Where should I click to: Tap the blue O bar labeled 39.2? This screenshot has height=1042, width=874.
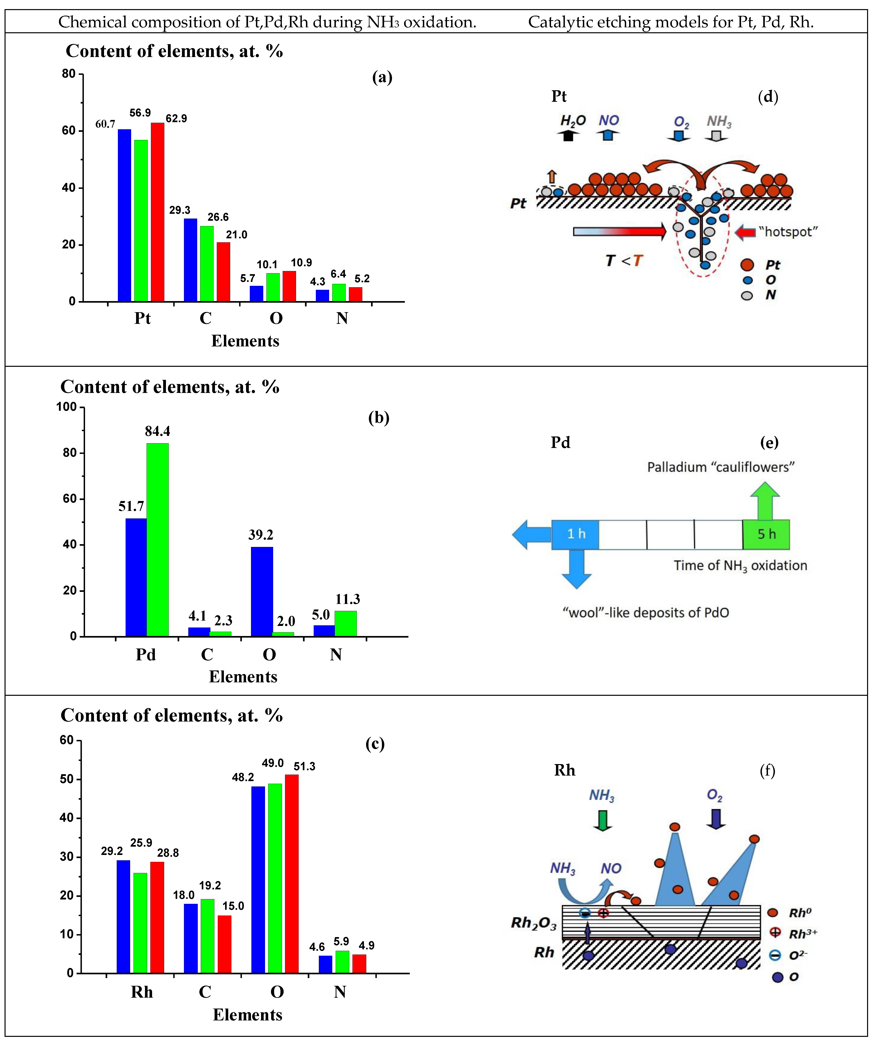(262, 591)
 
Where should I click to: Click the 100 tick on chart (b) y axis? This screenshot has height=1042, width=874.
(66, 407)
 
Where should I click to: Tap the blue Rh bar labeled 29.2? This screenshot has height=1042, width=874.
(123, 917)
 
